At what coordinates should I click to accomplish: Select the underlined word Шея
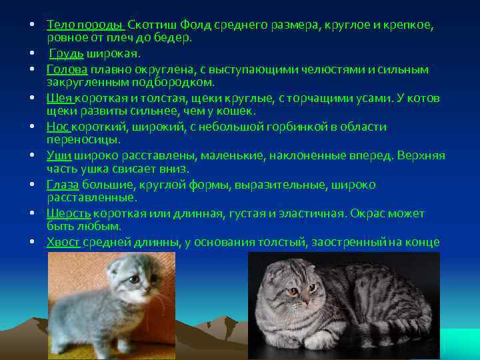coord(59,98)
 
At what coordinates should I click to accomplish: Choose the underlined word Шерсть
coord(69,213)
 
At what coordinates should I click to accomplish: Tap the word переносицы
coord(83,140)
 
